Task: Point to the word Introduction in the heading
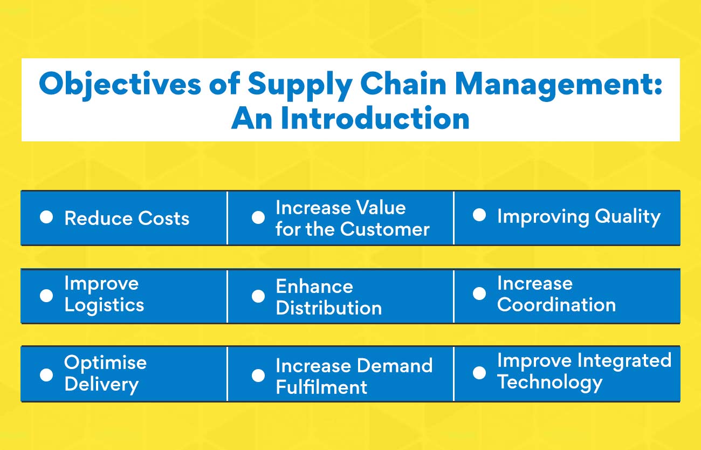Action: [375, 119]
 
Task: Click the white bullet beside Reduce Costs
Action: [46, 217]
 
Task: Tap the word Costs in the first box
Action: [164, 219]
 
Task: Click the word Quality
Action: [628, 217]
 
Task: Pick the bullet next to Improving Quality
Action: [479, 216]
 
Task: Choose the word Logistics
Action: [104, 305]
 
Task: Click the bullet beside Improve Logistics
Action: [46, 295]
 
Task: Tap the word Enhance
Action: [314, 286]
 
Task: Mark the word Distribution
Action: [328, 308]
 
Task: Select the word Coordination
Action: [556, 305]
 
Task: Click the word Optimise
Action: [105, 362]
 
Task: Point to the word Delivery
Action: [101, 384]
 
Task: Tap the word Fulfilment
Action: [321, 387]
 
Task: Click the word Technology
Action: [549, 382]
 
